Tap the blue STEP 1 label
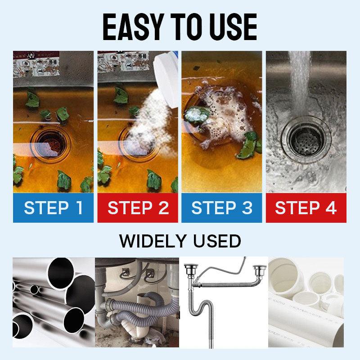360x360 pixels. [54, 208]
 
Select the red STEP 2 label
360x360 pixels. [138, 208]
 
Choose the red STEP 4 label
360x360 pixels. [306, 208]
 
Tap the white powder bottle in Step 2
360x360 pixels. [168, 72]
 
